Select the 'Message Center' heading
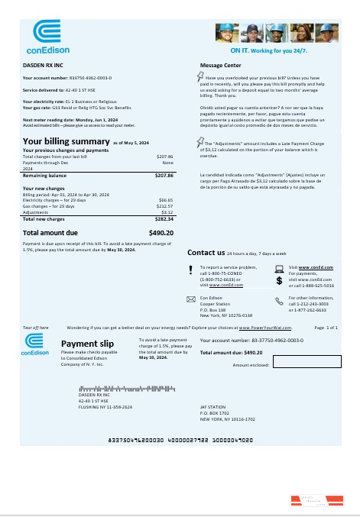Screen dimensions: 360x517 click(221, 66)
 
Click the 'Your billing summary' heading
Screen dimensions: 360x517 click(66, 141)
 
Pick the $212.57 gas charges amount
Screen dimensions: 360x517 click(164, 205)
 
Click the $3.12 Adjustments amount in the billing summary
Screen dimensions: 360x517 click(166, 212)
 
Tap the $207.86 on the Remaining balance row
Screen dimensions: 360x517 click(164, 176)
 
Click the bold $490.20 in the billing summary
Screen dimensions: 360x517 click(161, 231)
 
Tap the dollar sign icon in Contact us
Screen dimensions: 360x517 click(279, 281)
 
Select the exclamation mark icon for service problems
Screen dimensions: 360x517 click(191, 268)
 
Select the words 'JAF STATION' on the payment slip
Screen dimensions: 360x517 click(213, 409)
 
